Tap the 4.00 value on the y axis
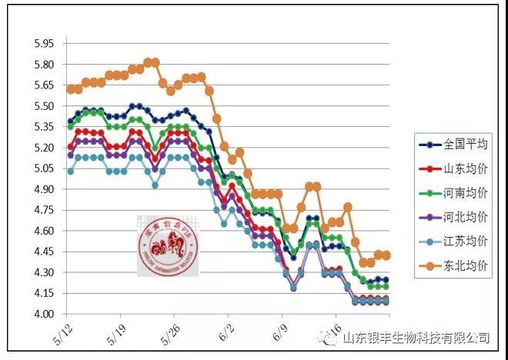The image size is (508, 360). click(x=44, y=314)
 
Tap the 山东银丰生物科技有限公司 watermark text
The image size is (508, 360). click(x=416, y=337)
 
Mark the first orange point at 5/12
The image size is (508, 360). click(x=71, y=89)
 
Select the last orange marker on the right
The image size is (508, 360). click(x=386, y=255)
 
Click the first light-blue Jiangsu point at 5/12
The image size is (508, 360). click(x=71, y=172)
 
